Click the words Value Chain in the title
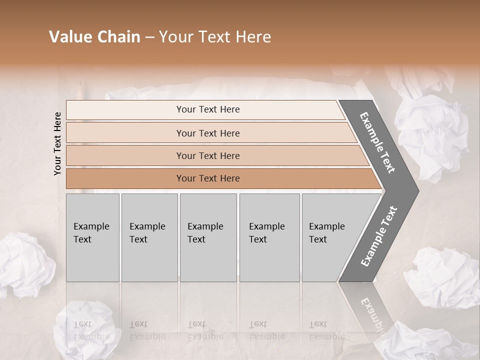[95, 37]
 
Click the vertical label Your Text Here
[57, 143]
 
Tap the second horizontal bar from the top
[207, 133]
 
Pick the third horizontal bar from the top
[207, 155]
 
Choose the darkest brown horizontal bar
[207, 178]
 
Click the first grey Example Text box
[92, 237]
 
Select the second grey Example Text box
[149, 237]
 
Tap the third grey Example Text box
[208, 237]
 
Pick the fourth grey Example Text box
[269, 237]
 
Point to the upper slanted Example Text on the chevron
[378, 142]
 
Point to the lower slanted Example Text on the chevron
[378, 236]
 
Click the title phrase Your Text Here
[215, 37]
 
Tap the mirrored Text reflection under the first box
[82, 324]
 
